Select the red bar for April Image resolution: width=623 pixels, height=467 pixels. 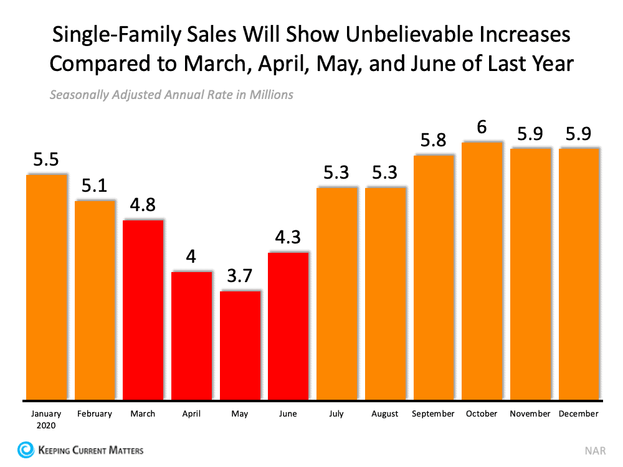(x=191, y=336)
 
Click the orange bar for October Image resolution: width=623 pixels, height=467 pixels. (x=482, y=271)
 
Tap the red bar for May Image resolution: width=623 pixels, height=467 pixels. (x=240, y=345)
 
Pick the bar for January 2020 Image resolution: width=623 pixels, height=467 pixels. (x=46, y=287)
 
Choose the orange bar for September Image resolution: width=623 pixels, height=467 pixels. (x=434, y=277)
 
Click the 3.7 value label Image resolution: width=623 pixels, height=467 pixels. (x=240, y=276)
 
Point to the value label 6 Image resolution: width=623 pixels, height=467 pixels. (x=482, y=127)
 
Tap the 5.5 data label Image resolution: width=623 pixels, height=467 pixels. (x=46, y=160)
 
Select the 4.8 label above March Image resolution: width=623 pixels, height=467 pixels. (x=143, y=205)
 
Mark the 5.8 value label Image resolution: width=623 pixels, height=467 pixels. (x=434, y=140)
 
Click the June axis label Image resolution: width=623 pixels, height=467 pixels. (x=288, y=414)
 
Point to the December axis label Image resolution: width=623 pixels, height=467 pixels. (x=579, y=414)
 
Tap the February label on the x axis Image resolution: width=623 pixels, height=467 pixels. (x=95, y=414)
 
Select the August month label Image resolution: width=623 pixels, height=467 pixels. (x=385, y=414)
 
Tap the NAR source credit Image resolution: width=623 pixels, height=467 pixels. (x=594, y=450)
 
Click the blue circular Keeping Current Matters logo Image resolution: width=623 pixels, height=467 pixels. (x=26, y=450)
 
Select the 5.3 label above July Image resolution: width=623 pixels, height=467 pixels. (x=336, y=172)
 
